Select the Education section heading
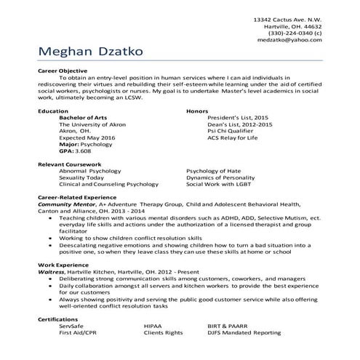pos(52,111)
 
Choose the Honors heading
pos(197,111)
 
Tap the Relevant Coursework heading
pos(70,164)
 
